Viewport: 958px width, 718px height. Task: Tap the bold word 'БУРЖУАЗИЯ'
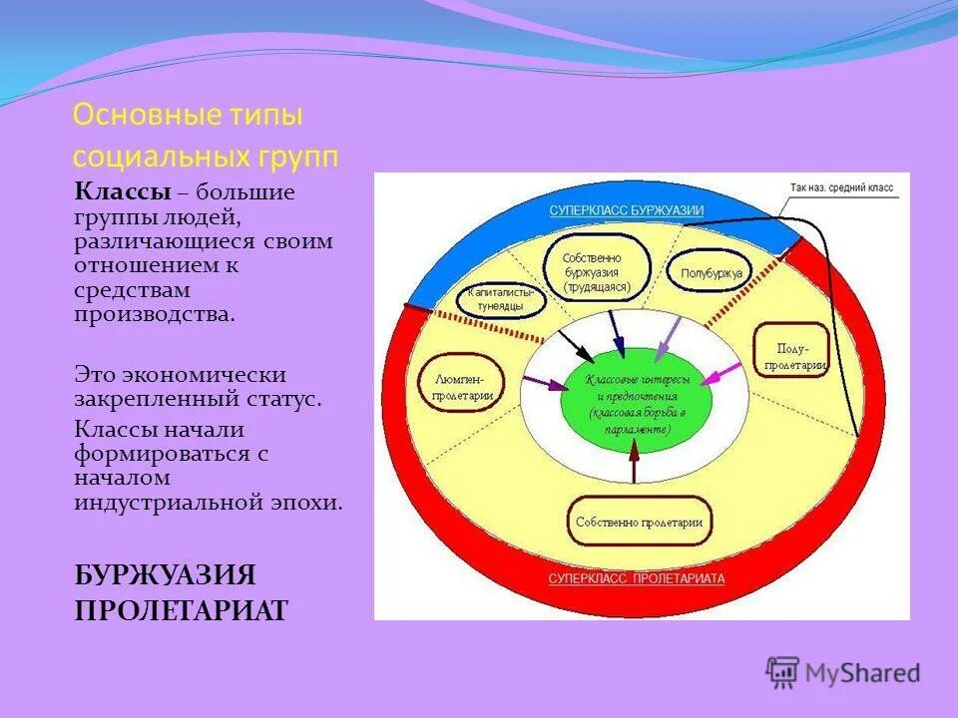(166, 575)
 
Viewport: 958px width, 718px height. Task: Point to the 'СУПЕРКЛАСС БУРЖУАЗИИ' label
(626, 210)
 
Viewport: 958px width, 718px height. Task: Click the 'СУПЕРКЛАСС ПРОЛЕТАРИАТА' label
(637, 578)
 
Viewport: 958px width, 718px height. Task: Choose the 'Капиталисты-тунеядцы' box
(501, 299)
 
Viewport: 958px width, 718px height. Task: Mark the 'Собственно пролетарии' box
(639, 522)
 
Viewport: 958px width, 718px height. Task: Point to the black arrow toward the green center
(574, 344)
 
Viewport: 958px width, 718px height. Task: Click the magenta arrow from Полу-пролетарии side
(722, 374)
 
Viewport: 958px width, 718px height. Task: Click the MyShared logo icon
(782, 673)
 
